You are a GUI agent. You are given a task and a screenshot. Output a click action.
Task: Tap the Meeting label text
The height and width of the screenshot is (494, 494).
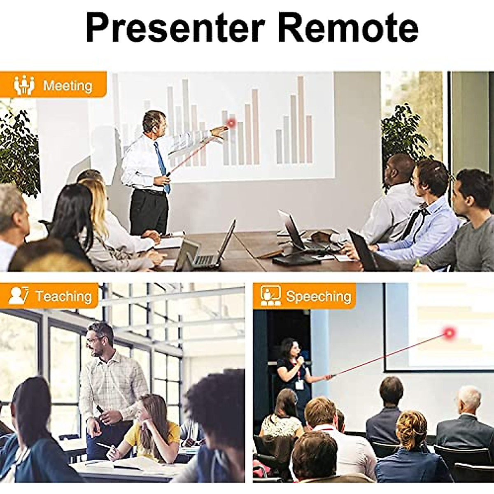pyautogui.click(x=68, y=86)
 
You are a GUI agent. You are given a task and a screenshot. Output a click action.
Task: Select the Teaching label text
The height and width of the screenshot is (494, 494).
pyautogui.click(x=63, y=296)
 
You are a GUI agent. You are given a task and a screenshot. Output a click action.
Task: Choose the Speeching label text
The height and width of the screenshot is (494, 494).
pyautogui.click(x=318, y=296)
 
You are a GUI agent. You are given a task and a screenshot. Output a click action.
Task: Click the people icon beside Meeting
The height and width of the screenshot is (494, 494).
pyautogui.click(x=24, y=85)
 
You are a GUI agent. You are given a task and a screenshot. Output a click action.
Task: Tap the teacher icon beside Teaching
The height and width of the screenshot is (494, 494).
pyautogui.click(x=19, y=296)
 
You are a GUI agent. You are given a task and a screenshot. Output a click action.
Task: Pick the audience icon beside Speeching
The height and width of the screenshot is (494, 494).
pyautogui.click(x=271, y=296)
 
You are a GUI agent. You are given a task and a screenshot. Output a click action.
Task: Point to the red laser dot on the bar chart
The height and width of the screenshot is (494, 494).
pyautogui.click(x=231, y=123)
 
